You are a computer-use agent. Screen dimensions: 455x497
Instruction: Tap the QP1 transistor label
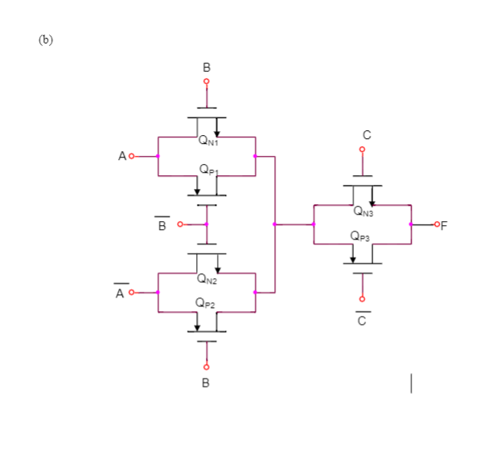(x=207, y=170)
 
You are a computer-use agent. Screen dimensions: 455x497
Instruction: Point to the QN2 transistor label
(x=207, y=279)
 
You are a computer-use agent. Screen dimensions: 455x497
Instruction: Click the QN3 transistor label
(x=364, y=212)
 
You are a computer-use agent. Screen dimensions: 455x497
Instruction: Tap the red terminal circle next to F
(x=435, y=224)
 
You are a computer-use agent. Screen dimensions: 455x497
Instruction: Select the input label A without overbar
(x=121, y=157)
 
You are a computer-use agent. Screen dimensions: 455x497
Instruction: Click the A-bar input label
(x=120, y=293)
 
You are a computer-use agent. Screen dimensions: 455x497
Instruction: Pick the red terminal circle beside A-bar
(x=131, y=293)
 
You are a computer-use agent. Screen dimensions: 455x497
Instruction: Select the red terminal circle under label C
(x=363, y=150)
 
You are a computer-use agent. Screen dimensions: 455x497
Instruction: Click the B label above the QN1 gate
(x=207, y=68)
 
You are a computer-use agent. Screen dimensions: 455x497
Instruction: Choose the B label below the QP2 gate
(x=207, y=382)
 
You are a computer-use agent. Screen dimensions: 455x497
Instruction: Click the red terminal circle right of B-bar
(x=179, y=224)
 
